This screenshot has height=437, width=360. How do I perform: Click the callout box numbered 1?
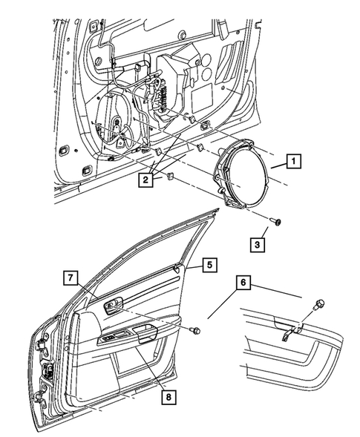[x=295, y=160]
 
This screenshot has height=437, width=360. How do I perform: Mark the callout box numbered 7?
[x=69, y=277]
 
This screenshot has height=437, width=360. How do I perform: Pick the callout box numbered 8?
[x=170, y=398]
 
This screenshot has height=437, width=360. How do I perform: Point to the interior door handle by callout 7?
[x=115, y=304]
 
